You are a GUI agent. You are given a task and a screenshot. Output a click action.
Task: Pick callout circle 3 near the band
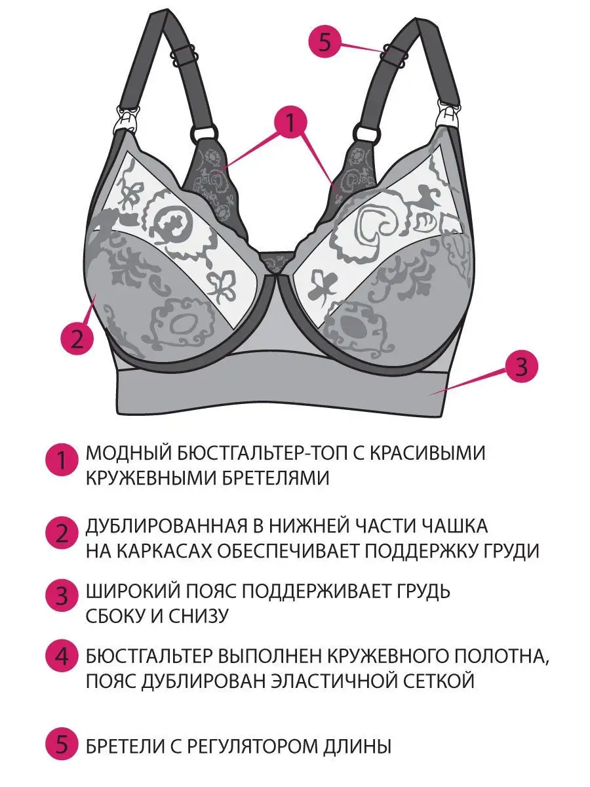click(x=520, y=367)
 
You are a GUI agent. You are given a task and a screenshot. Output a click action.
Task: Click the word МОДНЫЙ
click(x=125, y=453)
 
